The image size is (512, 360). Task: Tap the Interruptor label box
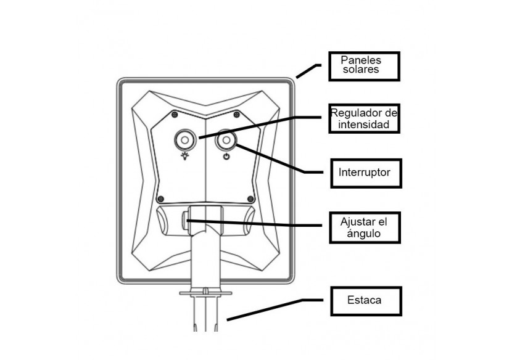pyautogui.click(x=364, y=172)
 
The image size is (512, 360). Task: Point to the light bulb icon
pyautogui.click(x=184, y=157)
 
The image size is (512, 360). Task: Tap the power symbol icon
pyautogui.click(x=227, y=157)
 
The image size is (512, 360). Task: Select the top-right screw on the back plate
pyautogui.click(x=235, y=113)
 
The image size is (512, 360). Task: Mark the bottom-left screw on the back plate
pyautogui.click(x=161, y=198)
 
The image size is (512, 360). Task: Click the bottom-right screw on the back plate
pyautogui.click(x=250, y=198)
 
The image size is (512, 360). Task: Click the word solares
pyautogui.click(x=363, y=71)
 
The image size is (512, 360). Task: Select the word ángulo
pyautogui.click(x=364, y=234)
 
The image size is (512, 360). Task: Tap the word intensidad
pyautogui.click(x=363, y=125)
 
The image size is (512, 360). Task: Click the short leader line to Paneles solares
pyautogui.click(x=306, y=72)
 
